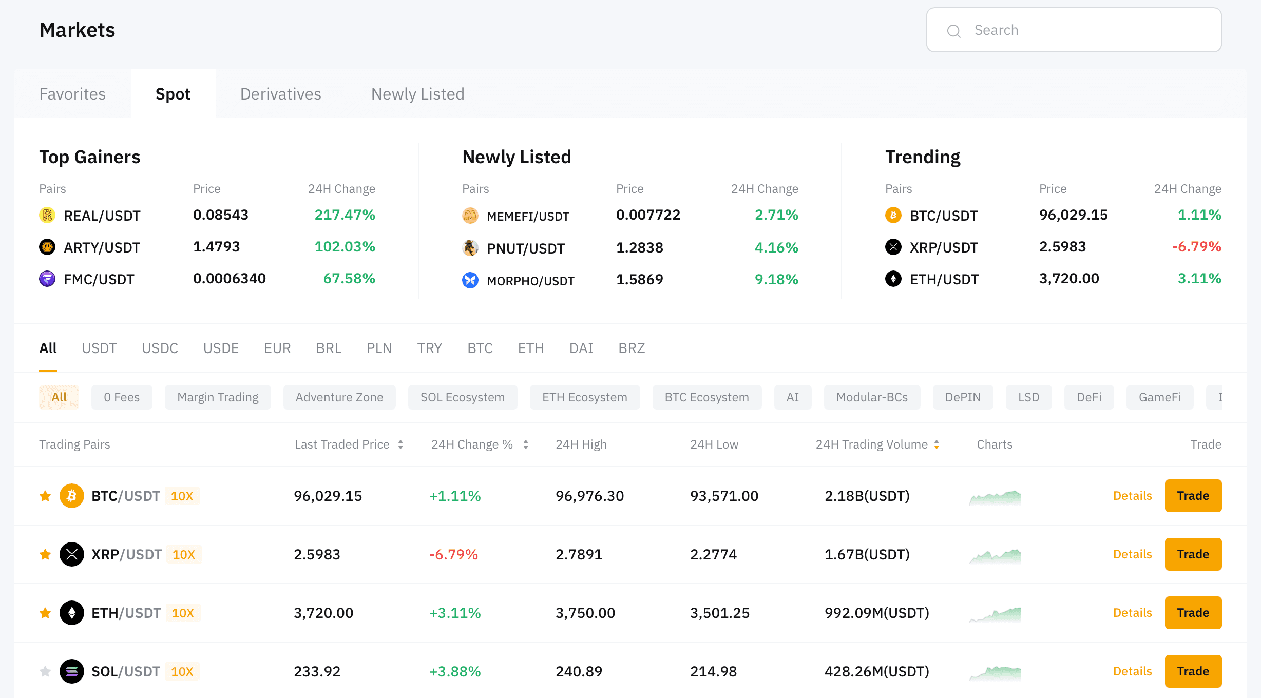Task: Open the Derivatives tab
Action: tap(280, 94)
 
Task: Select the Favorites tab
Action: tap(72, 94)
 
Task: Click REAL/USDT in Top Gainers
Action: tap(102, 216)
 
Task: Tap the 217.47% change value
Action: tap(345, 215)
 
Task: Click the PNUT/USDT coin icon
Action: tap(470, 248)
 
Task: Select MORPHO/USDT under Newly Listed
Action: tap(530, 280)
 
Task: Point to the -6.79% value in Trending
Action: tap(1196, 247)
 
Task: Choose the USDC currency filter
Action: tap(160, 348)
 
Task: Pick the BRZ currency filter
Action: tap(632, 348)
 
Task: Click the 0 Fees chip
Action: tap(122, 397)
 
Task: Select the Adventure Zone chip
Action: tap(339, 397)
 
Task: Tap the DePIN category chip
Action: tap(963, 397)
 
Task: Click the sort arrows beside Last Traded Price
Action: tap(400, 444)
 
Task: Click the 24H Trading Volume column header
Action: tap(872, 444)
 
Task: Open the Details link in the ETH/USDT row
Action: tap(1132, 613)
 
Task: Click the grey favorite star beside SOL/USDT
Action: tap(45, 671)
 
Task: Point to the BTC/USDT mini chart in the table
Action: tap(995, 497)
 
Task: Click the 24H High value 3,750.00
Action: tap(585, 613)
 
